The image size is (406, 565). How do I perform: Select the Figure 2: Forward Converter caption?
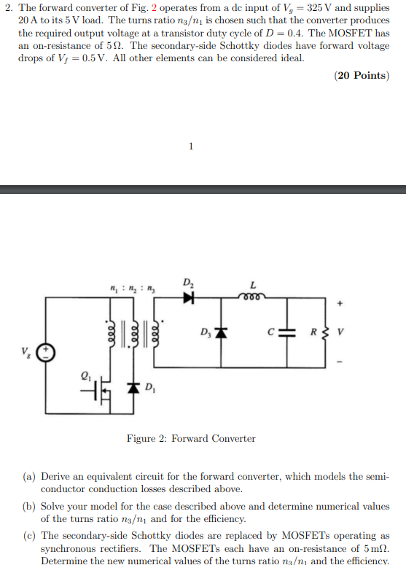[191, 438]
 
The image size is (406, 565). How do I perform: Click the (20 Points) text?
[361, 75]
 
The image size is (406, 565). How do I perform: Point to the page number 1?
[191, 147]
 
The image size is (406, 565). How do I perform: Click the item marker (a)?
[29, 476]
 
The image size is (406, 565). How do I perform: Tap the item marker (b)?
[29, 506]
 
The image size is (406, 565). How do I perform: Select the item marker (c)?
[29, 535]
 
